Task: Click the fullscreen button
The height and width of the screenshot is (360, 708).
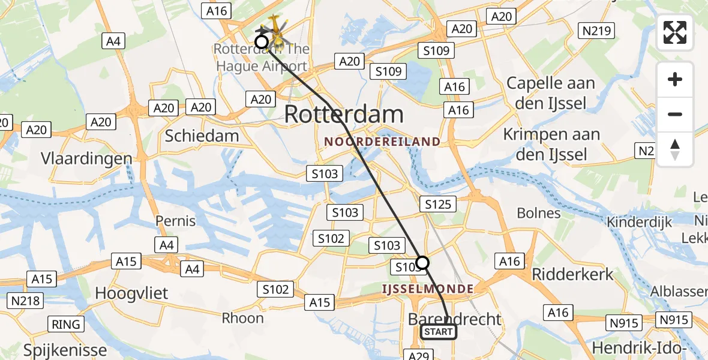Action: tap(675, 32)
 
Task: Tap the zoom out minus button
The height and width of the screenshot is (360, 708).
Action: tap(675, 114)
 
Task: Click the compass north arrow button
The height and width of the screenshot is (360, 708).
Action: tap(675, 149)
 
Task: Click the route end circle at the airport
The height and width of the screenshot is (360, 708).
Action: tap(262, 41)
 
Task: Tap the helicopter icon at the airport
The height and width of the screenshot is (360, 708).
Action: tap(277, 33)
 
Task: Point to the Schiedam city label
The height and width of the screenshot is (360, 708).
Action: tap(202, 136)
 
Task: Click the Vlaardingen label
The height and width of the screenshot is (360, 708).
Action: tap(86, 158)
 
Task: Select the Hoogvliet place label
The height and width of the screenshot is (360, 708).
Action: tap(132, 293)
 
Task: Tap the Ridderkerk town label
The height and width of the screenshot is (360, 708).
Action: tap(573, 274)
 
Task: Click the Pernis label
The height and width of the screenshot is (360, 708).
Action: tap(176, 221)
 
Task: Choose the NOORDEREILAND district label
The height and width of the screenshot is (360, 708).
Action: tap(382, 142)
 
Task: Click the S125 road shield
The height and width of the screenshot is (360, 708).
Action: tap(438, 204)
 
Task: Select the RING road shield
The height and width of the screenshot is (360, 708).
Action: tap(66, 325)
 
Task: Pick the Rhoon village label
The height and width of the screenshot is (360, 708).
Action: tap(242, 317)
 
